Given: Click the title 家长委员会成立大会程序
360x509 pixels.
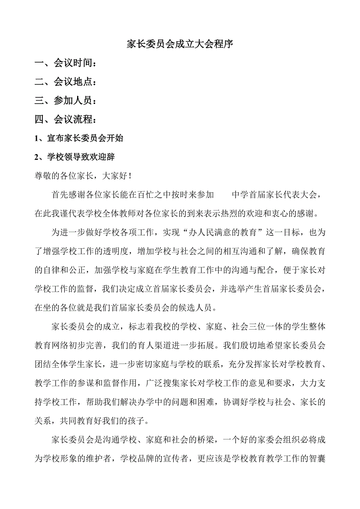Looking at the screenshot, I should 180,44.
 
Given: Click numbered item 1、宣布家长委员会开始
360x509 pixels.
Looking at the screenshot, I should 79,138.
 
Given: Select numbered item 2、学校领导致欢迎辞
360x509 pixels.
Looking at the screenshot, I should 74,157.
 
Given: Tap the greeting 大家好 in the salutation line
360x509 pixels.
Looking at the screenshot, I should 113,176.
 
